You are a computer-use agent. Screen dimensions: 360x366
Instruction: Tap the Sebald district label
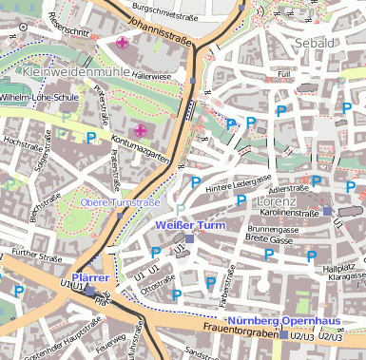pos(316,44)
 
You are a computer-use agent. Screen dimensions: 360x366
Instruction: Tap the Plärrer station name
pos(90,277)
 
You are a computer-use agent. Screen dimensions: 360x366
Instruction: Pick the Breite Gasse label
pos(271,239)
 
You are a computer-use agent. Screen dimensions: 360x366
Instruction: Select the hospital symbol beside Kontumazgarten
pos(141,129)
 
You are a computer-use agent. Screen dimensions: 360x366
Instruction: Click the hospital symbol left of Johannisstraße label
pos(123,43)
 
